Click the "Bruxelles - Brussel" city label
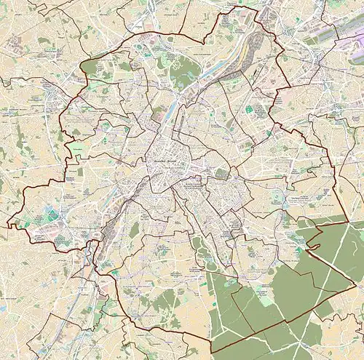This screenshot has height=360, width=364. (163, 161)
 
